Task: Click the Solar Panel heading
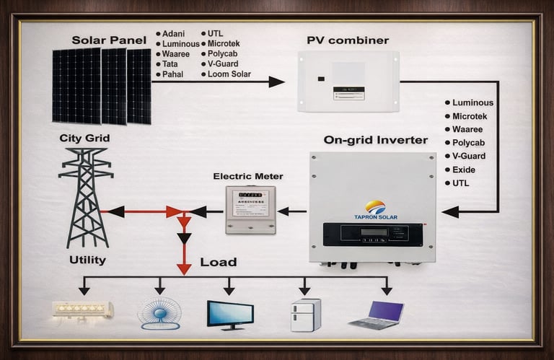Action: (x=109, y=40)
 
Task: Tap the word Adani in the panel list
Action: (x=174, y=34)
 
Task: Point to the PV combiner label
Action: (x=348, y=40)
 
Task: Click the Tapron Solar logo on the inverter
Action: (x=375, y=208)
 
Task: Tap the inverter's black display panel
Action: (x=373, y=233)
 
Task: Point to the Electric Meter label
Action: (x=248, y=176)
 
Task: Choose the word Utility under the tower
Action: (x=87, y=260)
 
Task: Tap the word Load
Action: (x=218, y=262)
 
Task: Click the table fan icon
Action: (x=159, y=313)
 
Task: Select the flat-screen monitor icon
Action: (x=230, y=315)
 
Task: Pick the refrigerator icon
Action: (x=305, y=315)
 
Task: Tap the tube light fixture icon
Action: (x=83, y=311)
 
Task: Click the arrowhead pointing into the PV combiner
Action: (x=276, y=82)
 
